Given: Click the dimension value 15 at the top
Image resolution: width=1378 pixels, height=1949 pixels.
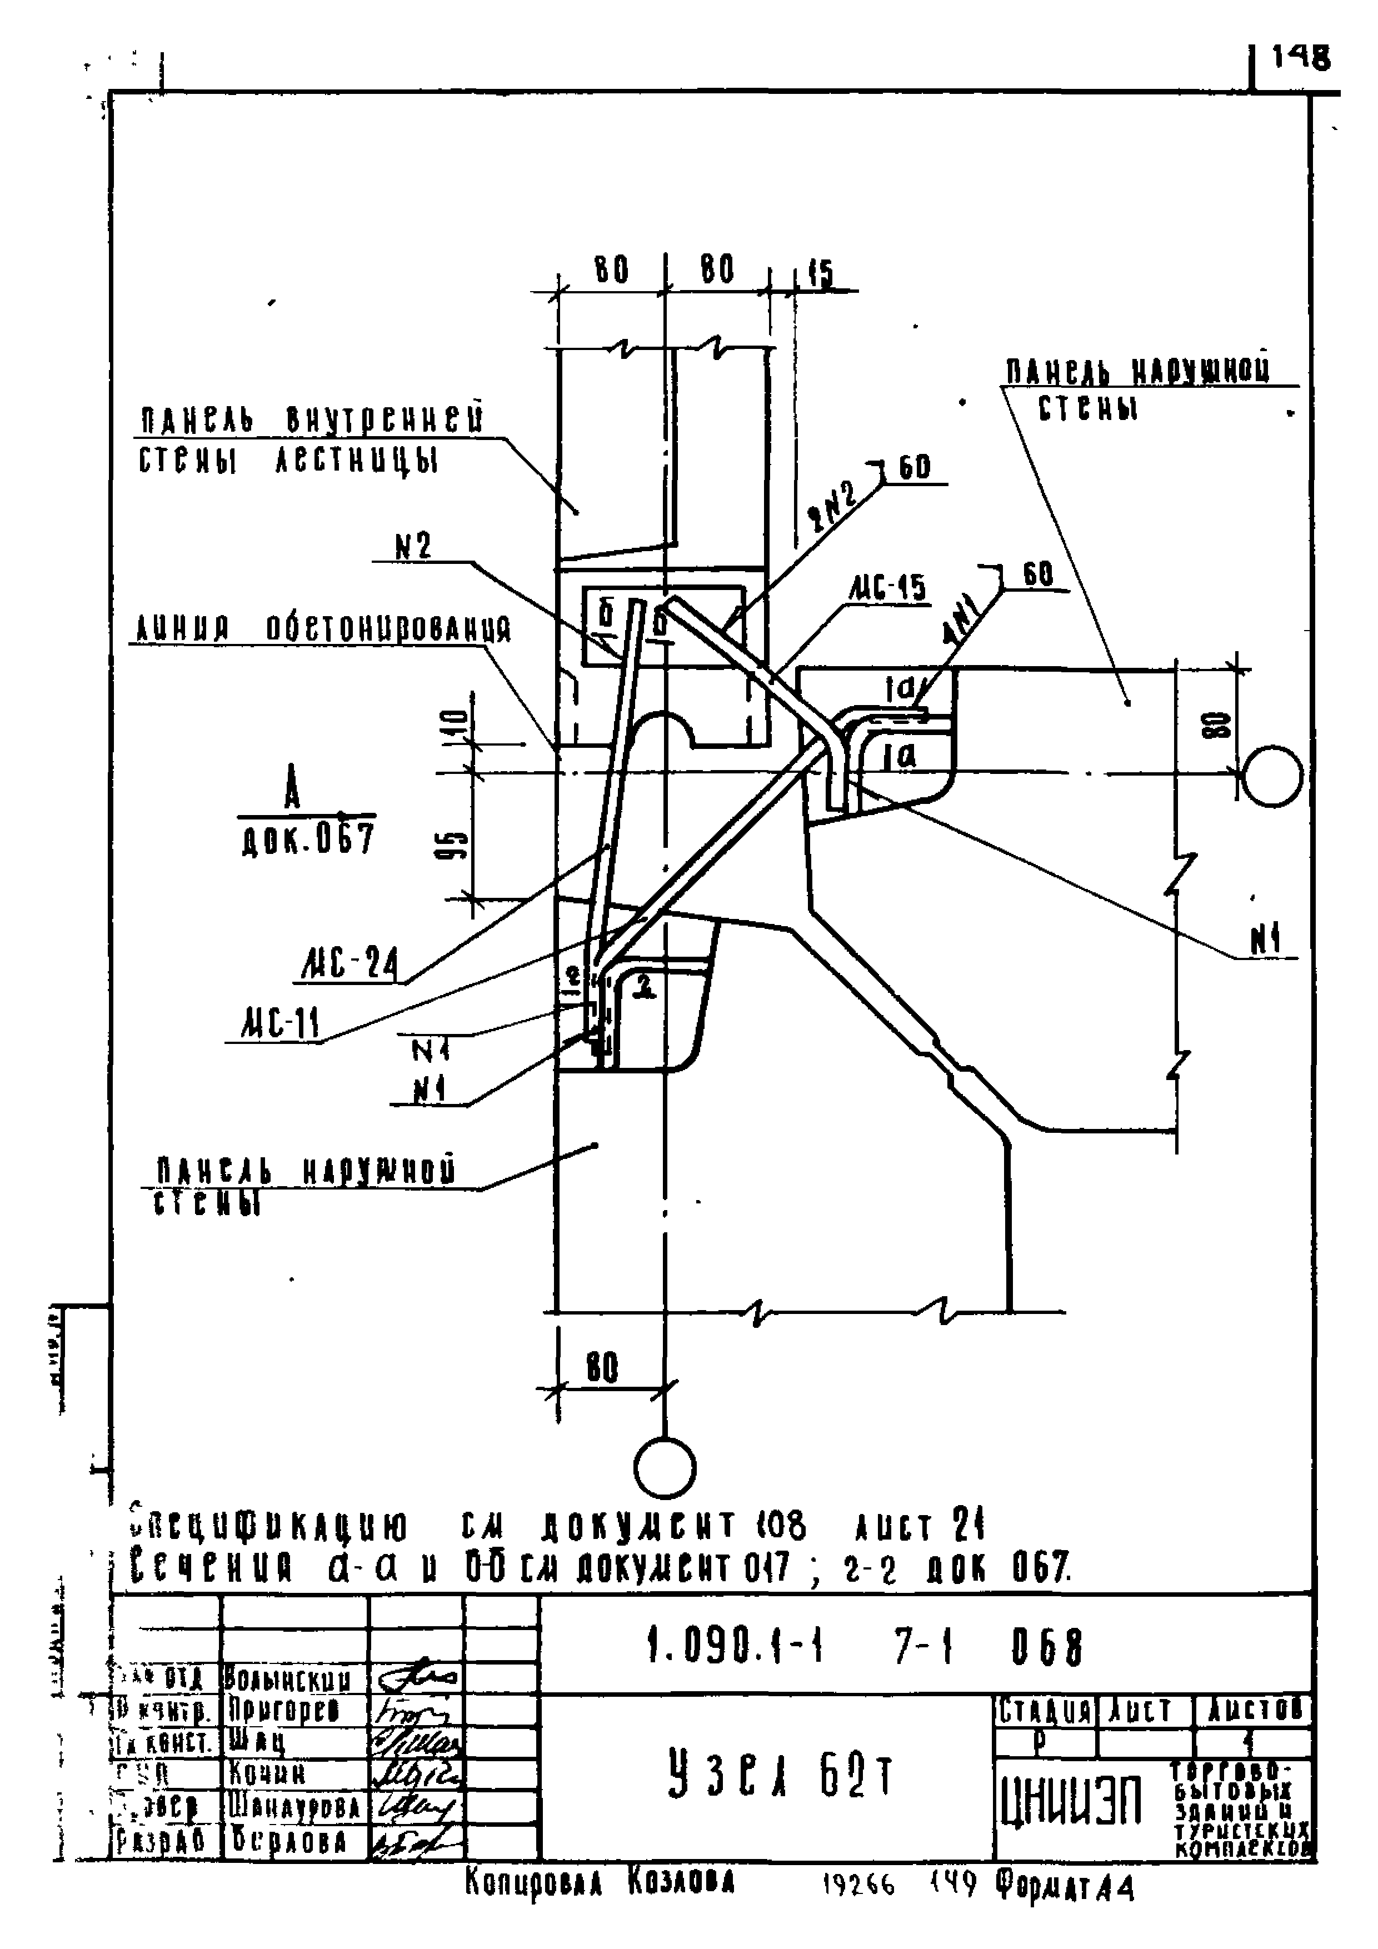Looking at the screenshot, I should pos(820,273).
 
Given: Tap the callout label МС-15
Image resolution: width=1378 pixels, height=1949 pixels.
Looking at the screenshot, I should pos(887,588).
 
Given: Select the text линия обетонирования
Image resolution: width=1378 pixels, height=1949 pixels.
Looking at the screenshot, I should pos(323,630).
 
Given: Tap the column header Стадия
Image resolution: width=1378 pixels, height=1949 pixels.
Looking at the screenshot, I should pos(1044,1710).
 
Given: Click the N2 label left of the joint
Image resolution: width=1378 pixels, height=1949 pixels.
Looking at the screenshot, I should pos(413,547).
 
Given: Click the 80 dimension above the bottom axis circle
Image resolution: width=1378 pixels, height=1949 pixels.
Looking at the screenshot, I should pos(602,1367).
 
